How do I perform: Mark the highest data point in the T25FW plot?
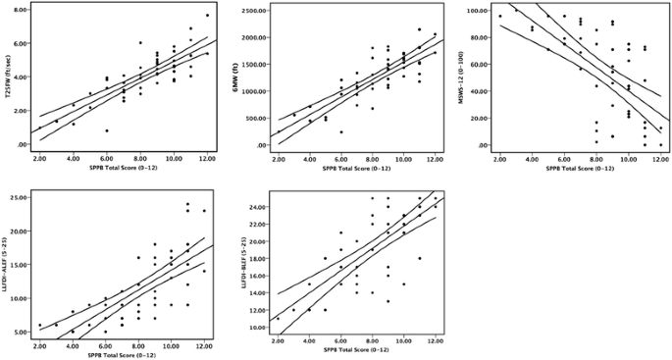pos(207,16)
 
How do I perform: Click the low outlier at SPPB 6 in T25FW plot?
pos(107,130)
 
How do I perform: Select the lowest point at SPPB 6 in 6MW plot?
pos(341,131)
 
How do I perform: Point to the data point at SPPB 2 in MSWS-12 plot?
pos(500,16)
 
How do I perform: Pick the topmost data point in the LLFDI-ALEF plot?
pos(187,204)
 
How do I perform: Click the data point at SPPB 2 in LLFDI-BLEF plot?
pos(278,319)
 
